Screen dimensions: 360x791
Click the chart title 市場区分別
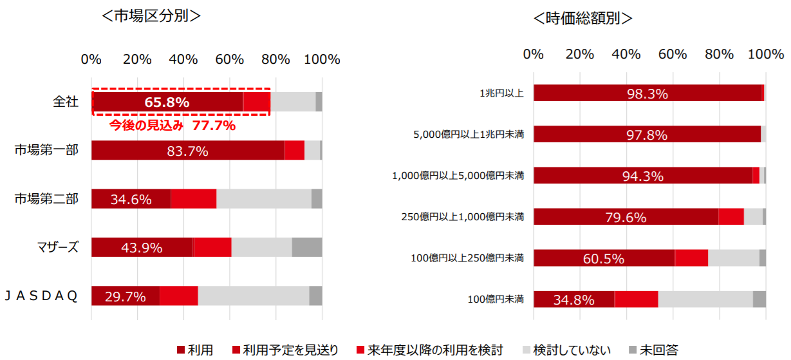coord(151,16)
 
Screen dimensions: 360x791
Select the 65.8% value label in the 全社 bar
coord(167,102)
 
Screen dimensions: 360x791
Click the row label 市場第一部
coord(46,150)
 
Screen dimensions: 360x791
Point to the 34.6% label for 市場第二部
coord(131,200)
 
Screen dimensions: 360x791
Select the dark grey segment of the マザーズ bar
coord(307,247)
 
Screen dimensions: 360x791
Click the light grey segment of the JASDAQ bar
coord(253,296)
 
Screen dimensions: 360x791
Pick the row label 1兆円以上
coord(501,93)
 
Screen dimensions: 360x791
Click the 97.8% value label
coord(647,135)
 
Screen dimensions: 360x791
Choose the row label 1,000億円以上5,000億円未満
coord(458,175)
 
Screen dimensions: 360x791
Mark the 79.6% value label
coord(626,217)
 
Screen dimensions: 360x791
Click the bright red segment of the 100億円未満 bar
coord(636,299)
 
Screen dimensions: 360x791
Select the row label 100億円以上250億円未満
coord(467,258)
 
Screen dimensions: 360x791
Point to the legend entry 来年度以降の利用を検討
coord(435,350)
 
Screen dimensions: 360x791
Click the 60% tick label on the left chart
coord(230,60)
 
